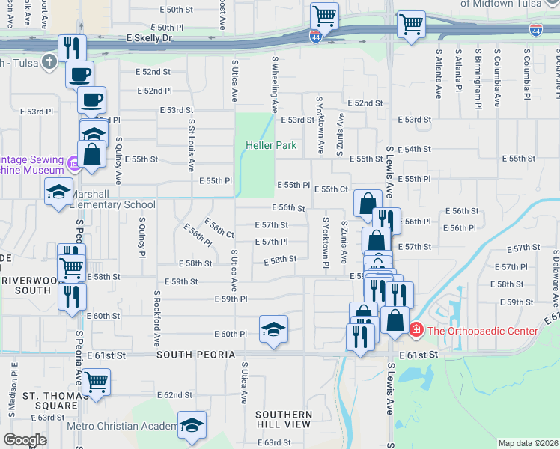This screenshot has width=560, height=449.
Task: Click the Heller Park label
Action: coord(271,145)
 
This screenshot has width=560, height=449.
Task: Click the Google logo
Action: coord(25,440)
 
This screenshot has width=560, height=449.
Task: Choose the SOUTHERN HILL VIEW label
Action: coord(283,419)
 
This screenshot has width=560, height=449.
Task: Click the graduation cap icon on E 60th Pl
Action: coord(273,329)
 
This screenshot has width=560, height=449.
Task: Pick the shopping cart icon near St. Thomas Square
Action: coord(97,382)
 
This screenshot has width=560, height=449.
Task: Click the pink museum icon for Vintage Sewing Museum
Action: coord(73,162)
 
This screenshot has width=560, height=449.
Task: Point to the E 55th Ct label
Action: coord(331,189)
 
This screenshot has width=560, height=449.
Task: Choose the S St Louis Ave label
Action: coord(192,145)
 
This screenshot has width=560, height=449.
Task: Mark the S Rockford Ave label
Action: coord(157,318)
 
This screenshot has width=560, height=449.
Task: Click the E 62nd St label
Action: coord(175,394)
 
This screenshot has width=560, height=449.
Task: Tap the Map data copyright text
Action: coord(527,442)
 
